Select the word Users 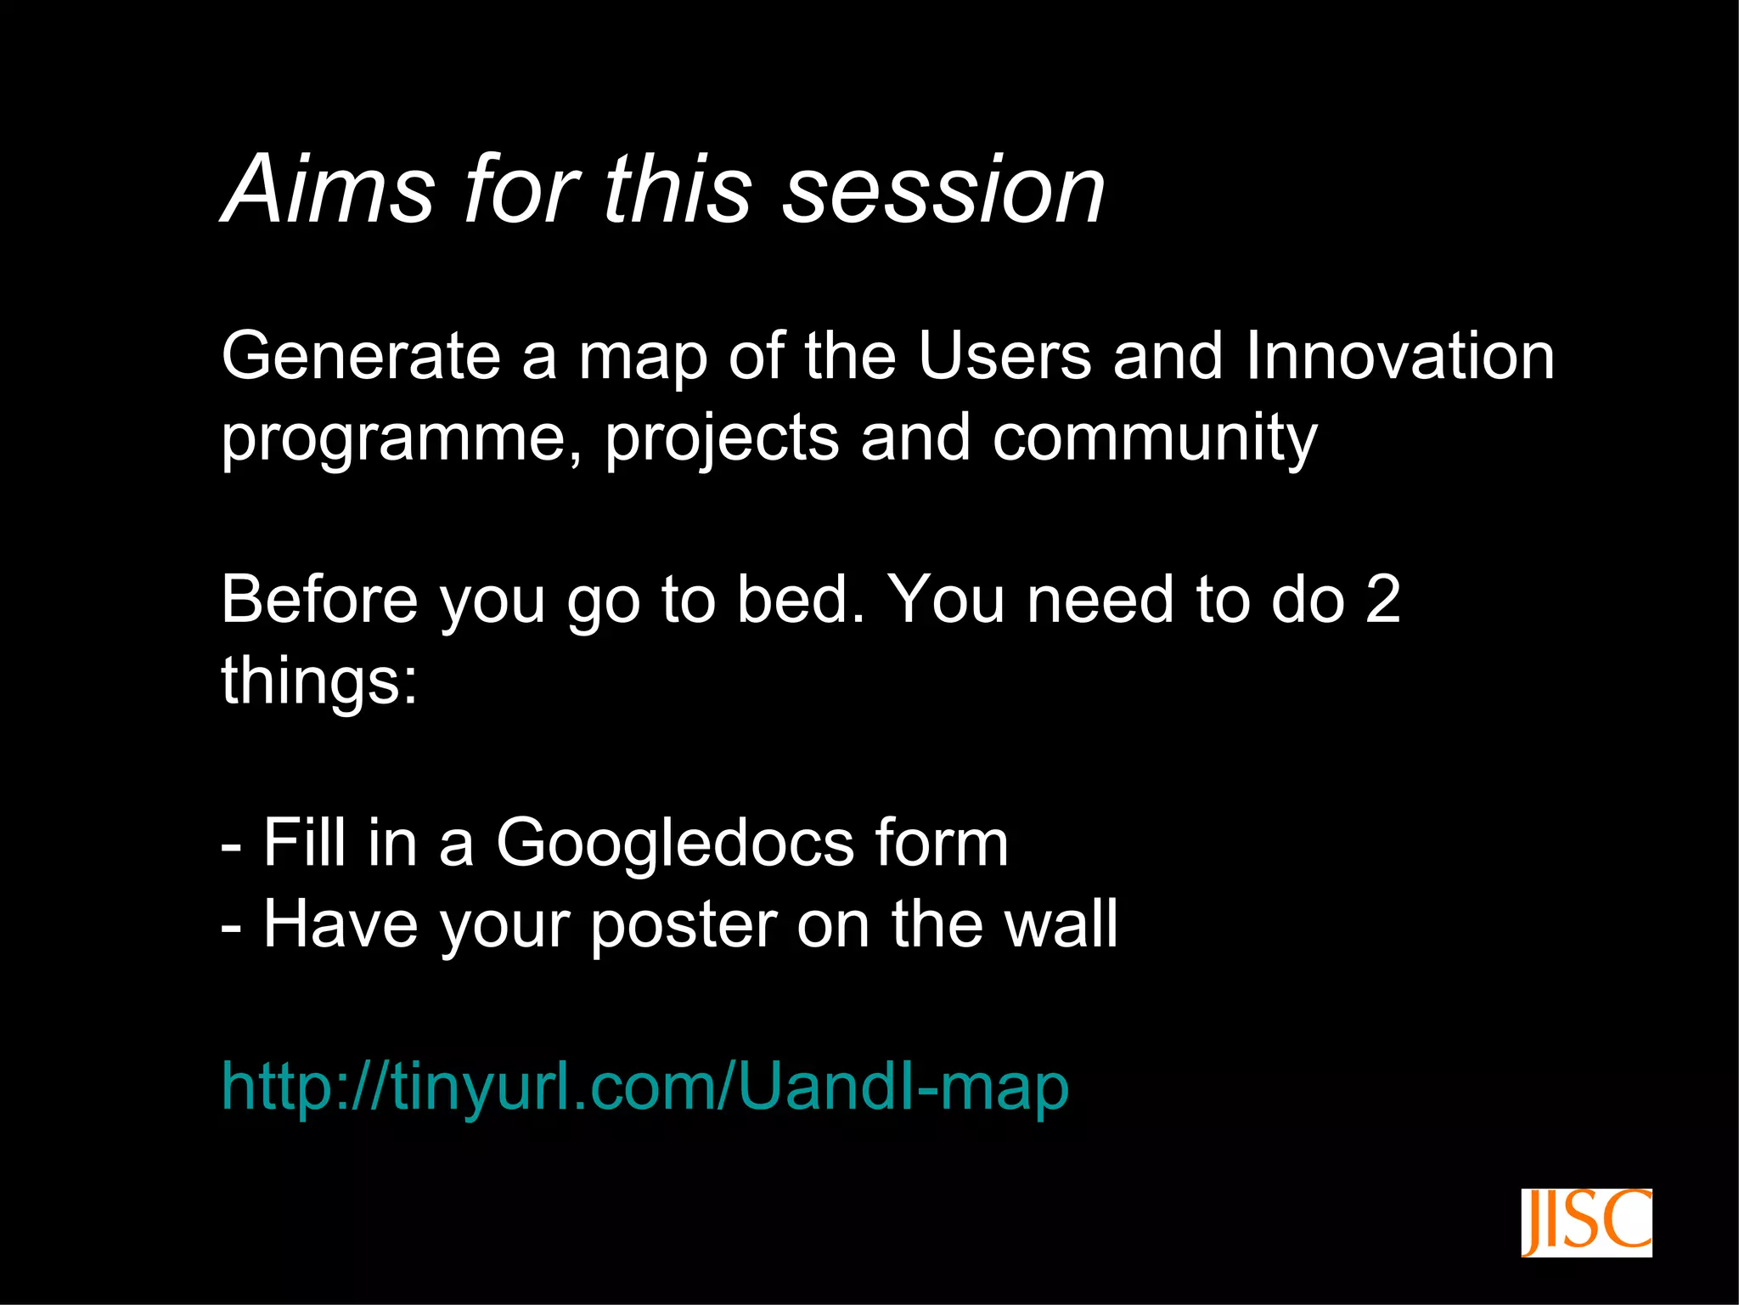coord(1005,356)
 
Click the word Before coord(319,600)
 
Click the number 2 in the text coord(1382,600)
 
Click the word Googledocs coord(675,844)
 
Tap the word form coord(942,844)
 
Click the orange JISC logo coord(1585,1223)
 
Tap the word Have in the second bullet coord(340,924)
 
